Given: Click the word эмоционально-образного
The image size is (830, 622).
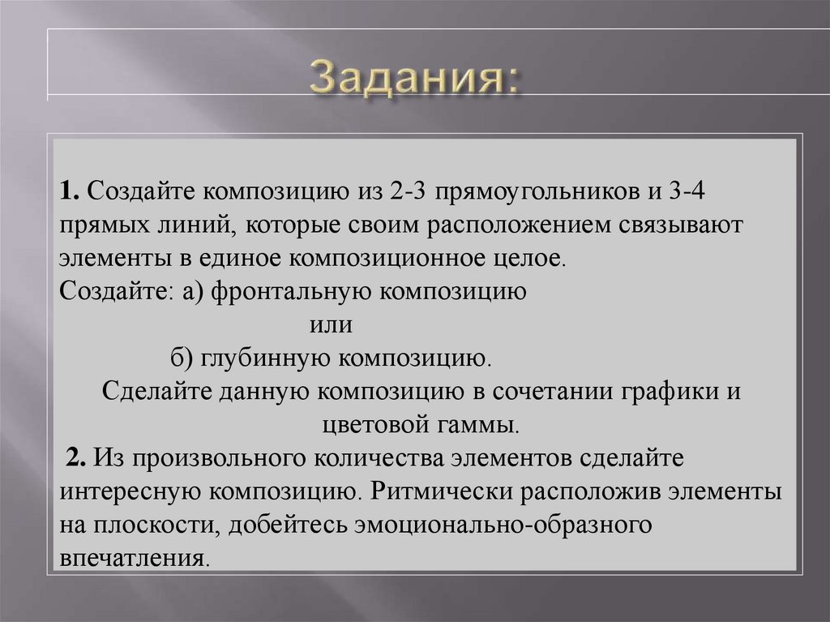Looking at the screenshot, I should (x=503, y=525).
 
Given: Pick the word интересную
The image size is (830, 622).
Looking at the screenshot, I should (x=128, y=491).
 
